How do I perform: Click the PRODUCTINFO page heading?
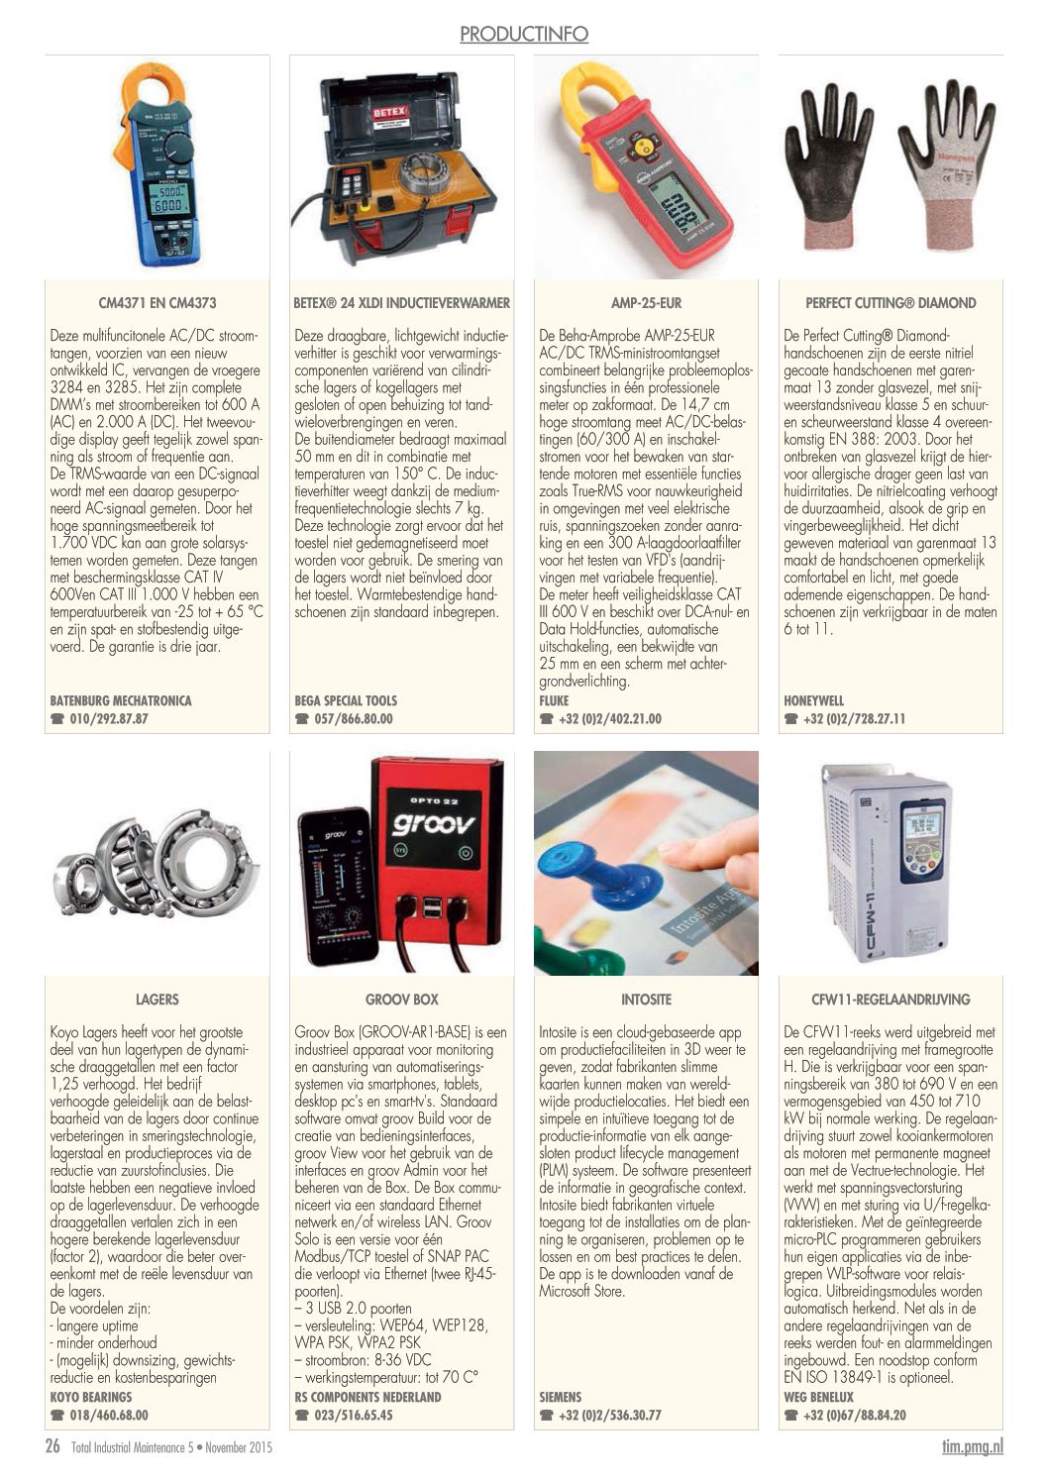[x=524, y=35]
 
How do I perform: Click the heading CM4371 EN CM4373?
[x=157, y=303]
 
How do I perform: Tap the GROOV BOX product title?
[x=401, y=1000]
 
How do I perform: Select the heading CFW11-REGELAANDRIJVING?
[x=891, y=1000]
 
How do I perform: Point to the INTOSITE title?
[x=646, y=1000]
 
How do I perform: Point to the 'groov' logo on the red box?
[x=433, y=822]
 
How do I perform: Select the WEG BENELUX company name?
[x=818, y=1397]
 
